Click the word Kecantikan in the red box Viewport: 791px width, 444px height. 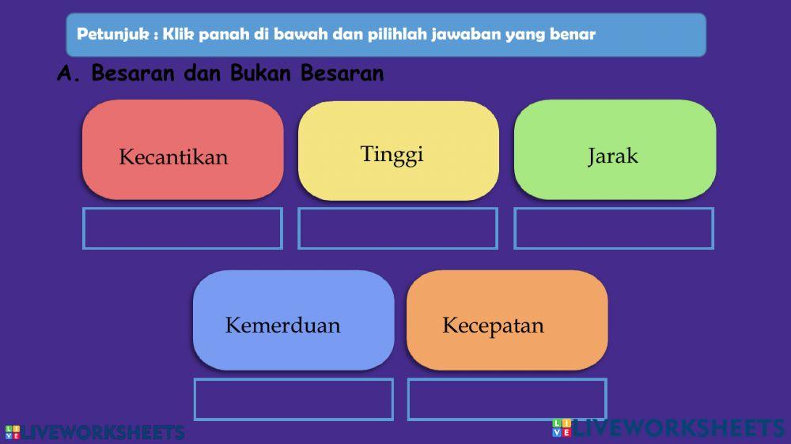pyautogui.click(x=173, y=157)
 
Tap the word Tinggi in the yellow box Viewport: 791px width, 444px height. pyautogui.click(x=392, y=153)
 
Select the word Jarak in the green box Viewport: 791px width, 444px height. pyautogui.click(x=612, y=156)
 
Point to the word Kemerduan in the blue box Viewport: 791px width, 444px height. pyautogui.click(x=282, y=325)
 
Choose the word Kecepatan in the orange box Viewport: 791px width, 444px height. pyautogui.click(x=493, y=325)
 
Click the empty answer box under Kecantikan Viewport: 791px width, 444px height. pyautogui.click(x=183, y=228)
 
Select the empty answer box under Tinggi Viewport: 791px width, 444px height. pyautogui.click(x=398, y=228)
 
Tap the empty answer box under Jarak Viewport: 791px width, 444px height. pyautogui.click(x=614, y=228)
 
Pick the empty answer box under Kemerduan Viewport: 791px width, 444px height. pyautogui.click(x=293, y=399)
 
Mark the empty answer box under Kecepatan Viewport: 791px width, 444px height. pyautogui.click(x=507, y=399)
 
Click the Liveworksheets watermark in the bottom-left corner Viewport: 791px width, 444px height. pyautogui.click(x=95, y=432)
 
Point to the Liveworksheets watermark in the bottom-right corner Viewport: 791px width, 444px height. pyautogui.click(x=668, y=428)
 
